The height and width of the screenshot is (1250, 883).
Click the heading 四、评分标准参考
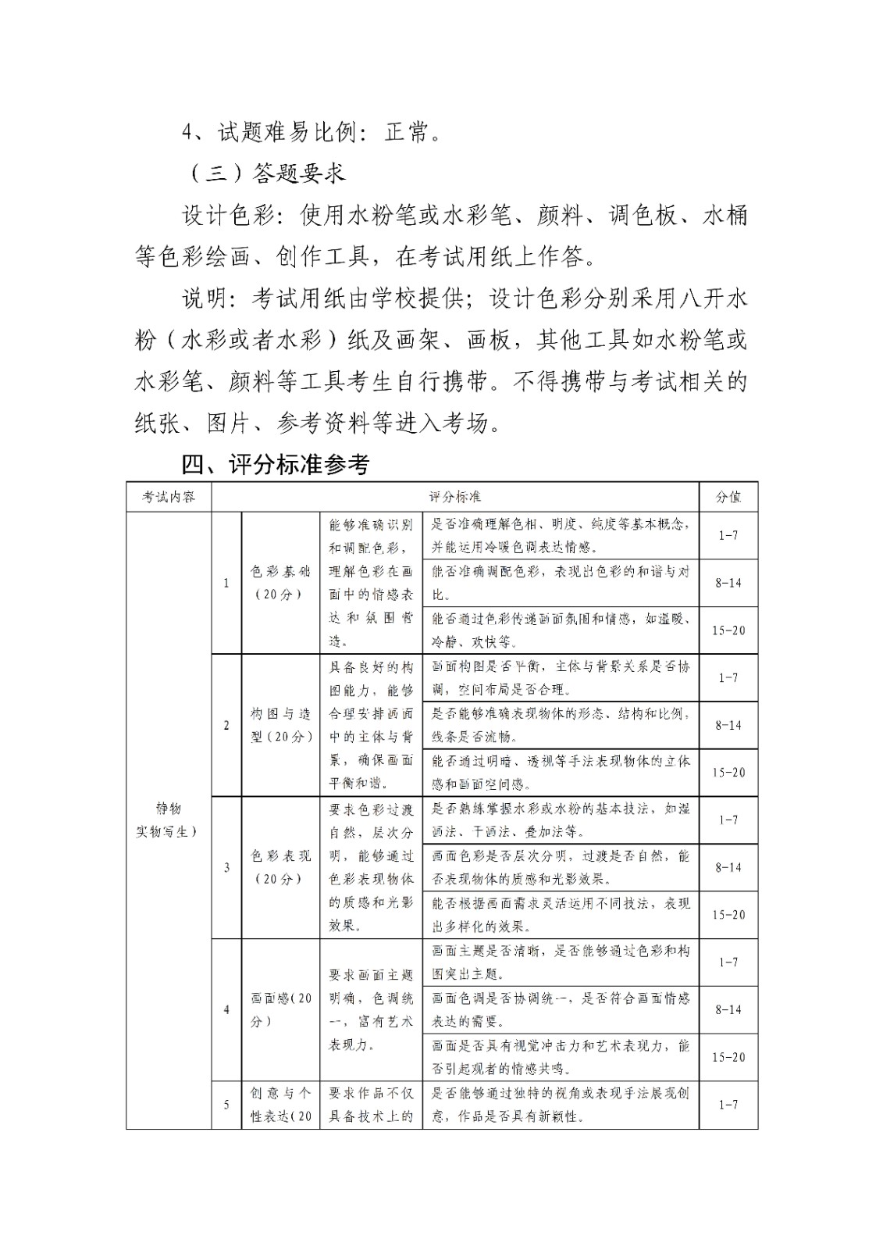275,465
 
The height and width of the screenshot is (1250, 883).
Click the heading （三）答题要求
266,173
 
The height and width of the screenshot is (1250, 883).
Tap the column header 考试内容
169,497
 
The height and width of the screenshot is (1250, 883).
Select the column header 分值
728,497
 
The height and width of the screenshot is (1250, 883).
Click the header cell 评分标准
455,497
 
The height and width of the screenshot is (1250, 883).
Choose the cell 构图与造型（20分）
280,725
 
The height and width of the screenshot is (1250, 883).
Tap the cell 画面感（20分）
280,1009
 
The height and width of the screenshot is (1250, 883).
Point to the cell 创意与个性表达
280,1105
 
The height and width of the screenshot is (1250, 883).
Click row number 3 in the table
226,867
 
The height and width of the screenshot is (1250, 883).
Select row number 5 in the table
226,1105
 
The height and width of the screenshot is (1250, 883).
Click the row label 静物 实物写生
169,820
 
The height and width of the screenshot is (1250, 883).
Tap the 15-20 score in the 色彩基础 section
728,630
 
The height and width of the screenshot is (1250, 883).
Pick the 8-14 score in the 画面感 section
728,1009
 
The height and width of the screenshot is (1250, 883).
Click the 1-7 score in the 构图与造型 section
728,677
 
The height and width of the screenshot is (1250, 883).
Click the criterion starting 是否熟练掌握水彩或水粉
560,820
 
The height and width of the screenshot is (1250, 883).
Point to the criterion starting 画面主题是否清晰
560,962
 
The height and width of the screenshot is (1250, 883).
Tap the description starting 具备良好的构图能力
371,725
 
